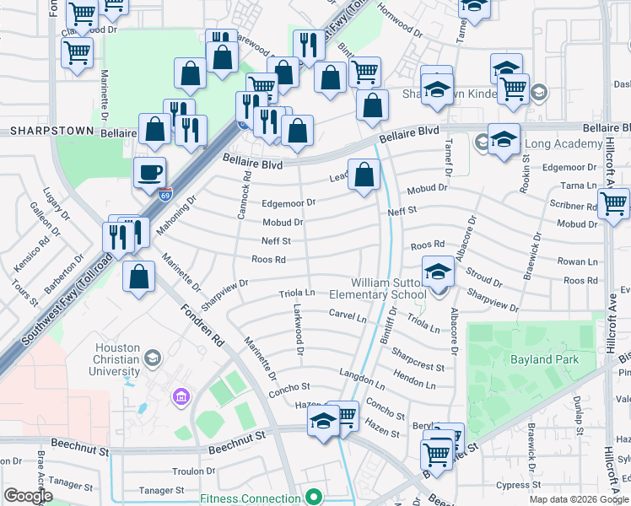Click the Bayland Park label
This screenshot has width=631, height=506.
point(543,359)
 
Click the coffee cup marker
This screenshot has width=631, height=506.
point(149,172)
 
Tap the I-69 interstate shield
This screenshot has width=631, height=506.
point(165,193)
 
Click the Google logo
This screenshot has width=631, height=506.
point(28,496)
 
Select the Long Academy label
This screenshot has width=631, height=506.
point(552,144)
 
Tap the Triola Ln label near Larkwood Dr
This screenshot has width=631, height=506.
point(296,293)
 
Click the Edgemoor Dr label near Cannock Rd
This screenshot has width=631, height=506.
point(288,203)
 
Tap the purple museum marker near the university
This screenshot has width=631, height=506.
point(179,396)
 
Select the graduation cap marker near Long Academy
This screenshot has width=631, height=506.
point(504,139)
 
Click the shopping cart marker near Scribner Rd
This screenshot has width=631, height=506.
point(613,203)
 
